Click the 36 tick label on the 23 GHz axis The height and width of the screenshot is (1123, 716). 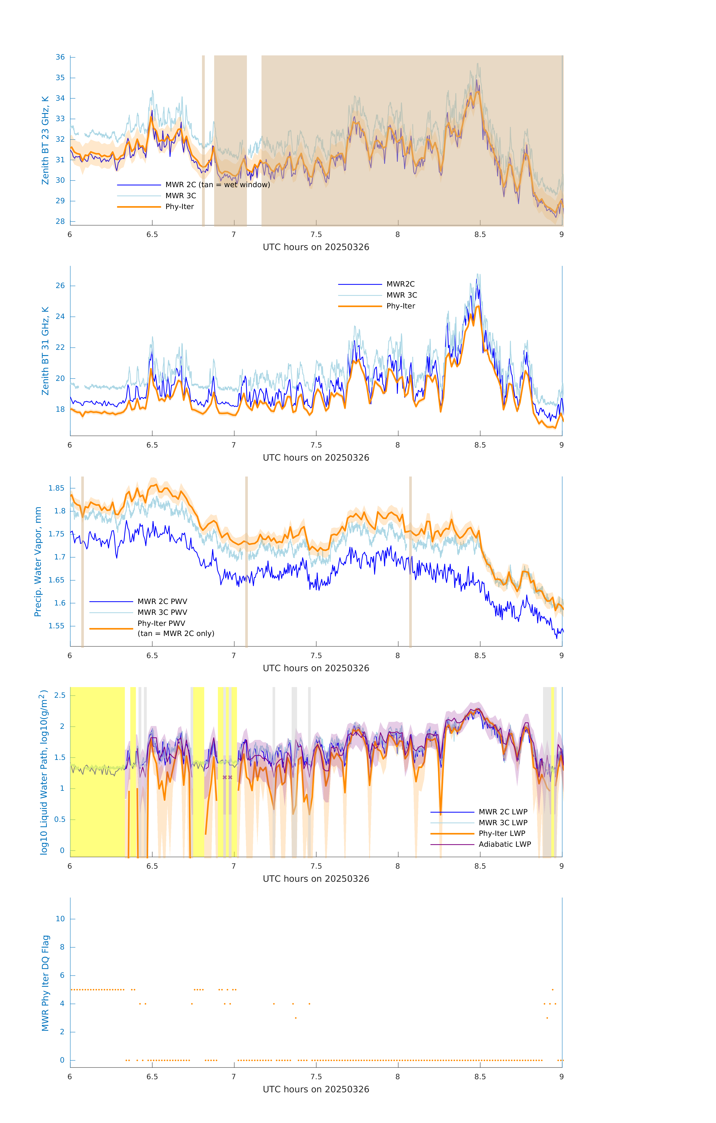(60, 57)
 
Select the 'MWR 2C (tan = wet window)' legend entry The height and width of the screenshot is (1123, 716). (217, 185)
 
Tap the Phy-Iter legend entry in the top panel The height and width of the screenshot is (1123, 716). (180, 207)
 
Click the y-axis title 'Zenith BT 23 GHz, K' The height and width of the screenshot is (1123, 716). (45, 140)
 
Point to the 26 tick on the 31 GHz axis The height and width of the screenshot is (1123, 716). (60, 286)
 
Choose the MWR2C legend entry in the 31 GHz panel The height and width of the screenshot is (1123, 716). (400, 284)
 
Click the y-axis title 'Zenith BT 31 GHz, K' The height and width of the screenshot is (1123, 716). (45, 351)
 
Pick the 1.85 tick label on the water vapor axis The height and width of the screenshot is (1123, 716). (57, 488)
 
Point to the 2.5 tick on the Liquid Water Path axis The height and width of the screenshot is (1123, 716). (60, 695)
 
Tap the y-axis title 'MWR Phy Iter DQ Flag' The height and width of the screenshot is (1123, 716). (45, 984)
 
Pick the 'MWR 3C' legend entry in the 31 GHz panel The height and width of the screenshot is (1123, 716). (402, 295)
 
